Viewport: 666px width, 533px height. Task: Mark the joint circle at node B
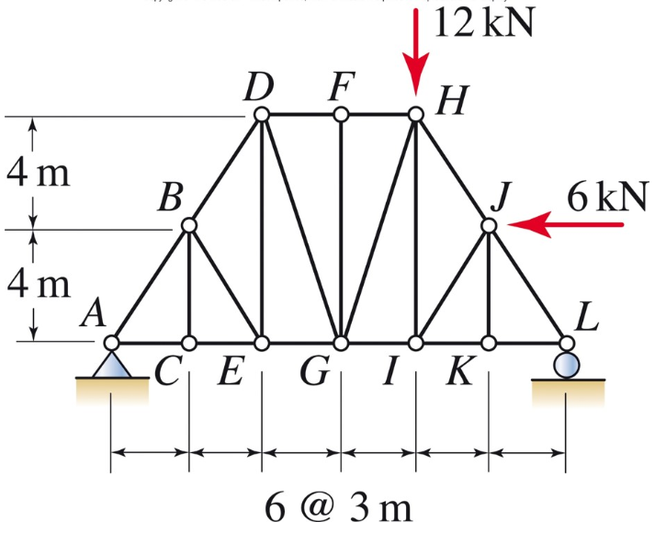189,225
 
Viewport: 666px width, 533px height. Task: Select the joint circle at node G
341,343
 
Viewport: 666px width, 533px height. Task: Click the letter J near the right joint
500,196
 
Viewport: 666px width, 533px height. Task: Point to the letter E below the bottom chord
232,373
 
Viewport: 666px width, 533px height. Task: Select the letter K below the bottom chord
457,373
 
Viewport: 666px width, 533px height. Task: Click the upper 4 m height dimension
37,173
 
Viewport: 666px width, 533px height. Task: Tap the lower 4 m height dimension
37,285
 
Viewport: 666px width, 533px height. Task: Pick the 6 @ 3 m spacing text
337,506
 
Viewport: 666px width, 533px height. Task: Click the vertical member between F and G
341,230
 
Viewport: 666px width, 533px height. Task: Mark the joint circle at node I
416,343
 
